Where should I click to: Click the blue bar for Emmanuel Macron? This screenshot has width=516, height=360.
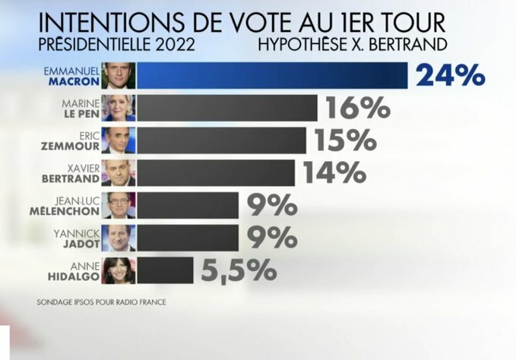272,75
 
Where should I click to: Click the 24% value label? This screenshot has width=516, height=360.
449,76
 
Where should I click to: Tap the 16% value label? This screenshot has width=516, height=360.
357,109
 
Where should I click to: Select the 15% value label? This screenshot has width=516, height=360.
346,141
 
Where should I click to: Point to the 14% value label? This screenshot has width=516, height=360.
334,174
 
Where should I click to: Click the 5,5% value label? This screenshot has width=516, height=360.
238,270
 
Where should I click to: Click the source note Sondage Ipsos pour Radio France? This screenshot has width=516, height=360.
101,302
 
